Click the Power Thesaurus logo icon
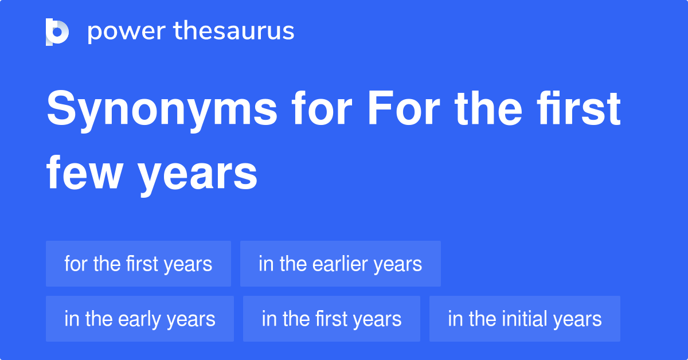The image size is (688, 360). tap(57, 32)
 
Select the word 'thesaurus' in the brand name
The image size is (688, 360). tap(234, 32)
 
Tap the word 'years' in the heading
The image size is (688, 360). tap(198, 175)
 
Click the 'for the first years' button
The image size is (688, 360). tap(138, 264)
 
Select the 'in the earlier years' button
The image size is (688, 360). tap(340, 264)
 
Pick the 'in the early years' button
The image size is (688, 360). tap(139, 319)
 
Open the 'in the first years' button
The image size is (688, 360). tap(331, 319)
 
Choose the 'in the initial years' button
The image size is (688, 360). tap(525, 319)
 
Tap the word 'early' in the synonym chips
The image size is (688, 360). tap(138, 319)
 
